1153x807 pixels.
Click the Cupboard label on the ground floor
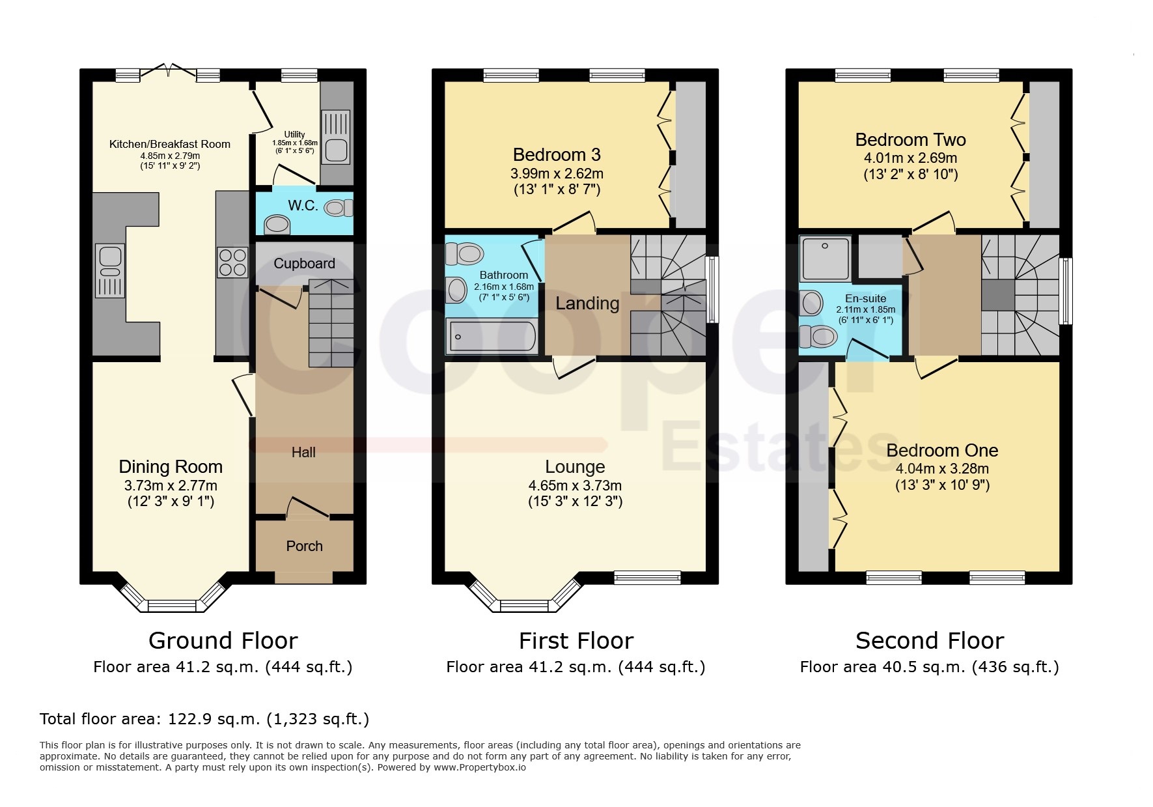[304, 263]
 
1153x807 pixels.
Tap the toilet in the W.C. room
[339, 208]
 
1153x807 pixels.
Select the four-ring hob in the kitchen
[232, 262]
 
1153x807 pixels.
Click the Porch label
[304, 546]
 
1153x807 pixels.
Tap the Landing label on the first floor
[587, 304]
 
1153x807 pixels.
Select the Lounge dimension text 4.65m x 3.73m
[575, 485]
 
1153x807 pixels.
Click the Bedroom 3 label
[557, 154]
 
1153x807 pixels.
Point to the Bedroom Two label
[910, 139]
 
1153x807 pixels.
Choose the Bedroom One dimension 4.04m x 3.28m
[942, 468]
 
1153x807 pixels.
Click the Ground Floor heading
[223, 641]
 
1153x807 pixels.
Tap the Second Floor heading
[930, 641]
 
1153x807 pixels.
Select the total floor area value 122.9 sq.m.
[207, 719]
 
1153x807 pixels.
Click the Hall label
[303, 452]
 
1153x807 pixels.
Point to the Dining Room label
[171, 466]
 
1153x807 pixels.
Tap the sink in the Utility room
[337, 150]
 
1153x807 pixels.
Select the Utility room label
[294, 134]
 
